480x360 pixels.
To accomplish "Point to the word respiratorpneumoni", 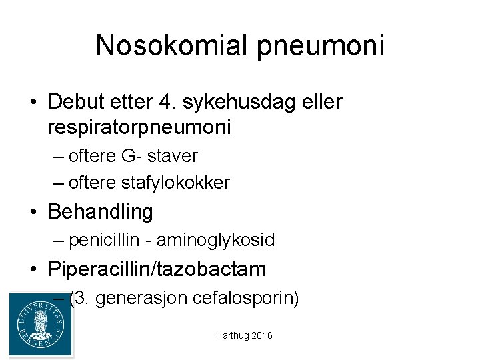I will [x=139, y=127].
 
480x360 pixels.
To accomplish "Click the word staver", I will [x=172, y=156].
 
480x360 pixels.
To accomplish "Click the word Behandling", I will [x=101, y=212].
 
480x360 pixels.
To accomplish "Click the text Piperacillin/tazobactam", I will [x=157, y=269].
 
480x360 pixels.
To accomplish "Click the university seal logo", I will [x=41, y=325].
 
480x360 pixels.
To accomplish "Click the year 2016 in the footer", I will [x=262, y=336].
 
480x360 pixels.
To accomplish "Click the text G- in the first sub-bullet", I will [x=129, y=156].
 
